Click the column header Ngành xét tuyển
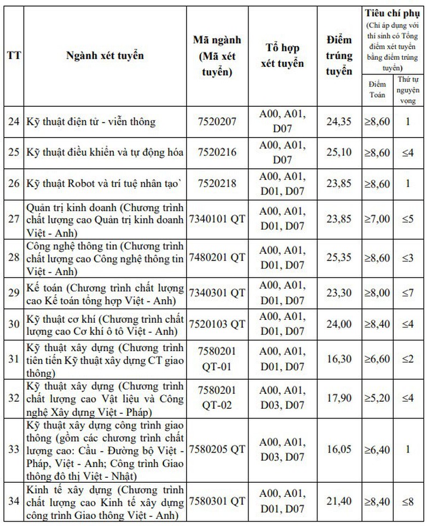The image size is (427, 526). click(105, 56)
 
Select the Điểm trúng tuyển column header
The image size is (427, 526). click(339, 56)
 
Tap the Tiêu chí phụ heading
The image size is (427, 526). click(392, 13)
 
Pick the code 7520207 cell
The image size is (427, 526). click(217, 121)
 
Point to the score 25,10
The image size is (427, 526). click(339, 152)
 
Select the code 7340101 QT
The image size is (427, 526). click(217, 218)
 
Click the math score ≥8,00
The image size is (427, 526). click(377, 293)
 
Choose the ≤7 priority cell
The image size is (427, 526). click(407, 293)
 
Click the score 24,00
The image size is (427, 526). click(339, 324)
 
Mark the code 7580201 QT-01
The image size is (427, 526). click(217, 358)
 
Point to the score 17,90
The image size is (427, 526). click(339, 398)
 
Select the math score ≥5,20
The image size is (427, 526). click(377, 398)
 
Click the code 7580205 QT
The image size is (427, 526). click(217, 450)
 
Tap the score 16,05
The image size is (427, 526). click(339, 450)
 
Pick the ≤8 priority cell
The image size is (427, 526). click(407, 501)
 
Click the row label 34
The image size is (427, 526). click(14, 501)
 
